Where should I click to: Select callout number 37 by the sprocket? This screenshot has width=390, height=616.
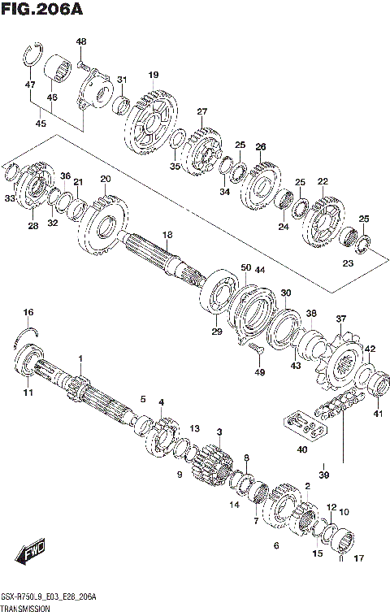(x=341, y=319)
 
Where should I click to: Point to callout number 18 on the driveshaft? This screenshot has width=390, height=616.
(x=167, y=235)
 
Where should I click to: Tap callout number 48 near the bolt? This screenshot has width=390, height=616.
(x=81, y=41)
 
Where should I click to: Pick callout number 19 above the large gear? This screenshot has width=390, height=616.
(x=153, y=76)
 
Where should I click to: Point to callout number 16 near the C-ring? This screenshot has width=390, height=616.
(x=28, y=312)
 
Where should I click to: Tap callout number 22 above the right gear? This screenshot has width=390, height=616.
(x=323, y=181)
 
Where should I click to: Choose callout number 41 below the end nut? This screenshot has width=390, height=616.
(x=376, y=414)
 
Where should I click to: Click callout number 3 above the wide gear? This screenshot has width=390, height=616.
(x=219, y=432)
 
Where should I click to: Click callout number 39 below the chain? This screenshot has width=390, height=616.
(x=323, y=475)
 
